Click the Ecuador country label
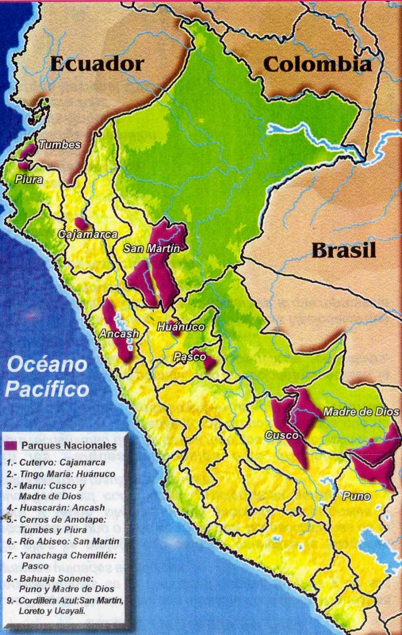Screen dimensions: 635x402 pyautogui.click(x=97, y=64)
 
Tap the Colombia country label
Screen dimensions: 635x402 pyautogui.click(x=317, y=64)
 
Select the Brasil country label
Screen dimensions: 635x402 pyautogui.click(x=344, y=250)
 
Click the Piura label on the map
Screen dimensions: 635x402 pyautogui.click(x=29, y=179)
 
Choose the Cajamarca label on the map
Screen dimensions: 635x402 pyautogui.click(x=88, y=234)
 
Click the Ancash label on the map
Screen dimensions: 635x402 pyautogui.click(x=119, y=334)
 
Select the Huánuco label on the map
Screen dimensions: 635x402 pyautogui.click(x=180, y=327)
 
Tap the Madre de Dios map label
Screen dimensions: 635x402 pyautogui.click(x=361, y=412)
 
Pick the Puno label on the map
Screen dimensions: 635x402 pyautogui.click(x=356, y=497)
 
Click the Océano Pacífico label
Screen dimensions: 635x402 pyautogui.click(x=48, y=377)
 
